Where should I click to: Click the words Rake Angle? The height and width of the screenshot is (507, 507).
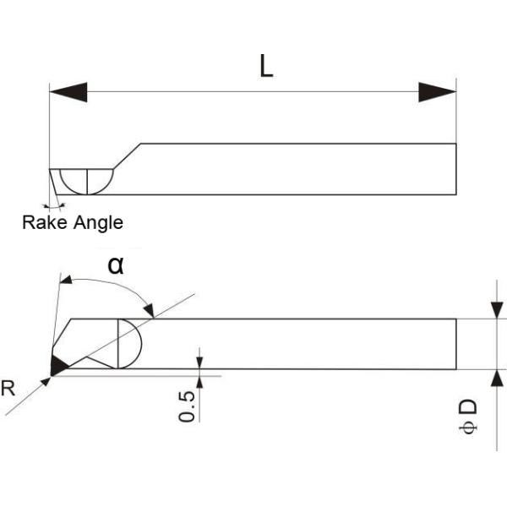coord(73,223)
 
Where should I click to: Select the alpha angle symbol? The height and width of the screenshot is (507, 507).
coord(116,264)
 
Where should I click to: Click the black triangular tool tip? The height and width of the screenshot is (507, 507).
coord(58,365)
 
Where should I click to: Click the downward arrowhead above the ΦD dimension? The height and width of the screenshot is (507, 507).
coord(497,309)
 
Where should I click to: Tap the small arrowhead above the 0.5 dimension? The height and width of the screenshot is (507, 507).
coord(200,360)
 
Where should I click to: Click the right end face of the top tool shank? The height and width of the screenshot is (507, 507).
coord(456,169)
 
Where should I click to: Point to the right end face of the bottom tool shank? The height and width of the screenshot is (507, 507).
coord(456,344)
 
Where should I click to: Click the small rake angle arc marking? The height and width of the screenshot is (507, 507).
coord(56,205)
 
